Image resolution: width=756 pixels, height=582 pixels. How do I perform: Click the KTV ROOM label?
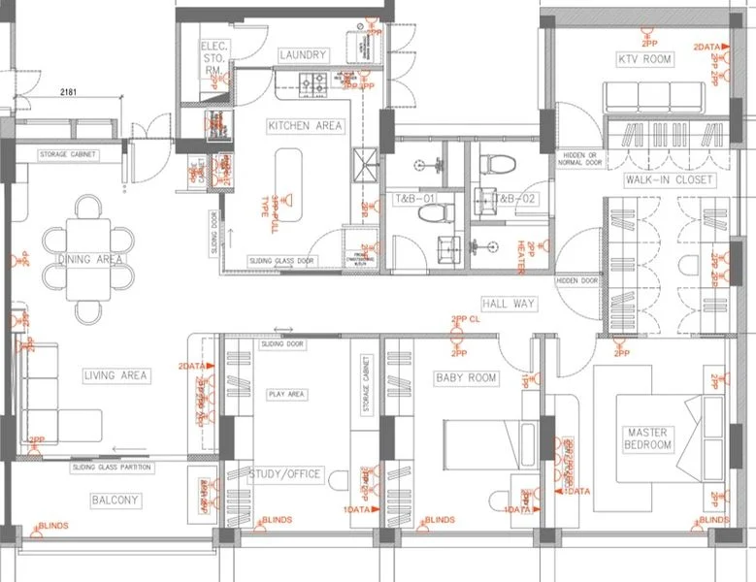[x=645, y=60]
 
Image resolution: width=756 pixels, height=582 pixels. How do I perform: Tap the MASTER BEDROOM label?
[x=649, y=438]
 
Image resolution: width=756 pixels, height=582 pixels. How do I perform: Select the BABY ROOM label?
[x=466, y=378]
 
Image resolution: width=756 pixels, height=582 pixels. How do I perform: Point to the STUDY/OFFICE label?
[x=286, y=474]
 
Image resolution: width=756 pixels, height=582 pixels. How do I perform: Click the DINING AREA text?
[x=90, y=260]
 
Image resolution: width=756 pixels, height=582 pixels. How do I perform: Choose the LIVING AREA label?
[x=115, y=375]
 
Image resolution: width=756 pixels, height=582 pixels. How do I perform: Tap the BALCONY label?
[x=115, y=501]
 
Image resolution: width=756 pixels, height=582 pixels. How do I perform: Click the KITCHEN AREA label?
[x=305, y=126]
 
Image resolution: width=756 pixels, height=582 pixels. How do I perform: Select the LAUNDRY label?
[x=303, y=55]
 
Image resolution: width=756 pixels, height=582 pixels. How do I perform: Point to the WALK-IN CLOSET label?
[x=669, y=180]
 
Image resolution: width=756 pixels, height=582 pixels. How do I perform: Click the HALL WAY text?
[x=509, y=304]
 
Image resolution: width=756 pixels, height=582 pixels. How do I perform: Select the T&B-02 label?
[x=515, y=199]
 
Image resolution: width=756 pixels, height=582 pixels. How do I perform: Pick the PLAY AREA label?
[x=286, y=395]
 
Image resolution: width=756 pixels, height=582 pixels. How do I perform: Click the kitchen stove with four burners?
[x=315, y=84]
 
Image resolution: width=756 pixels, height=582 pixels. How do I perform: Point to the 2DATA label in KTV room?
[x=706, y=47]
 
